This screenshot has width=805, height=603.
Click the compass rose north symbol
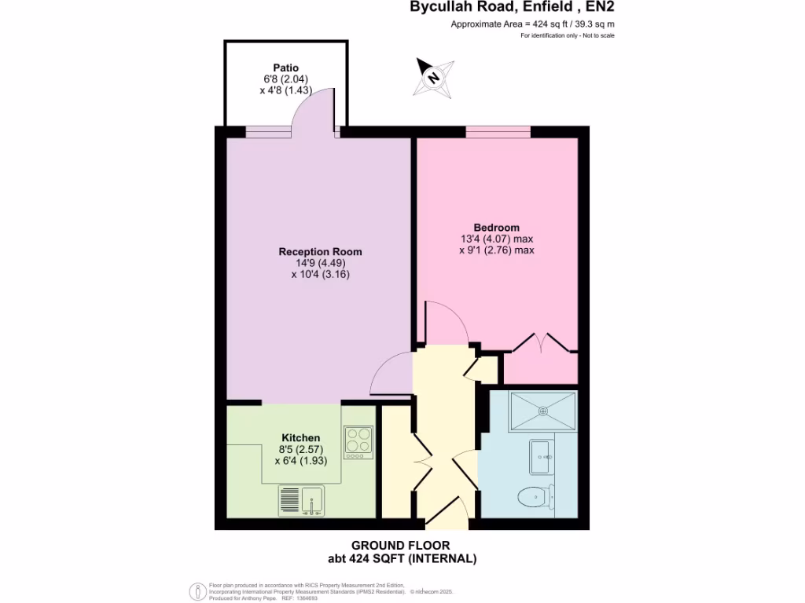tap(433, 77)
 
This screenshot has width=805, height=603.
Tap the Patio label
tap(285, 68)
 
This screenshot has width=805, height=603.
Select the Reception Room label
tap(320, 251)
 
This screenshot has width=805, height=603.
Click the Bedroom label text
tap(496, 228)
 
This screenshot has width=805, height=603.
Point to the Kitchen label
tap(301, 437)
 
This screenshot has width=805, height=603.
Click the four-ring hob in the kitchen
tap(358, 442)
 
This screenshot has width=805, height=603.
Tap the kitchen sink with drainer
tap(301, 501)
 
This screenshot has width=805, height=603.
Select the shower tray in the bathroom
tap(542, 411)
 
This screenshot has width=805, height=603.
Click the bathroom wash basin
tap(541, 457)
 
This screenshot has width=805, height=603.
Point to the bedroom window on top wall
tap(498, 131)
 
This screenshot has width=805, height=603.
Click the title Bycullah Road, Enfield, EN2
tap(510, 8)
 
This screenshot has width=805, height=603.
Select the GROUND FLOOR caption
tap(401, 546)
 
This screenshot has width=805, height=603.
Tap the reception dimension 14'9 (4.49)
tap(320, 263)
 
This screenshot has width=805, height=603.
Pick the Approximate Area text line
tap(532, 24)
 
